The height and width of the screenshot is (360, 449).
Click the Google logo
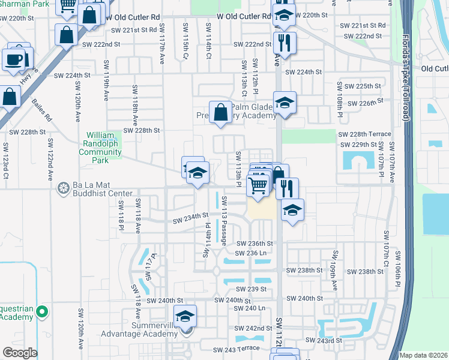20,353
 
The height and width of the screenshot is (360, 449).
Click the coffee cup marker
14,60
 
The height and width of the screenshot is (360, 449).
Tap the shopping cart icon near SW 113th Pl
258,186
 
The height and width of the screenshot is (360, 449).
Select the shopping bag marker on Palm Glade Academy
221,112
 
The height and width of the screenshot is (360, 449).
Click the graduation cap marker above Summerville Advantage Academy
185,316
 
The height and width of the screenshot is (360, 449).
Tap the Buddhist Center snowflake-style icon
62,190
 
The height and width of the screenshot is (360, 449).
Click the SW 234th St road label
191,215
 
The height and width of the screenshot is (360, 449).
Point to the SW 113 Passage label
223,220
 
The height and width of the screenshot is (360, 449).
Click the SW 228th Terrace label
364,134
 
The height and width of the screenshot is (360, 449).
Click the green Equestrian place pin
41,312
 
